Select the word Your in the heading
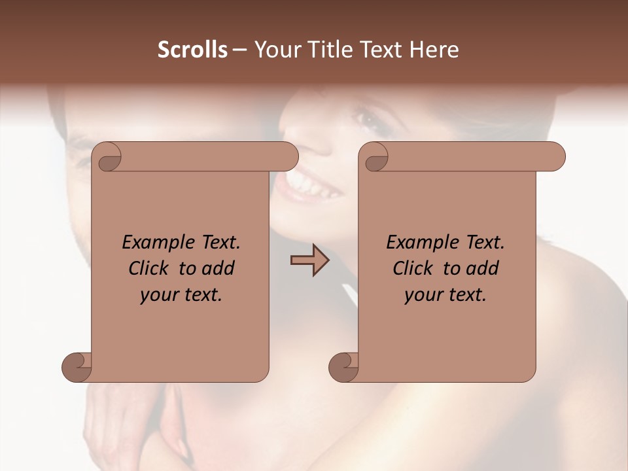point(276,50)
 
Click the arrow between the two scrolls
point(309,260)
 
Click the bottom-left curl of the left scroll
point(77,366)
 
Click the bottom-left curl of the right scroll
point(343,366)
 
